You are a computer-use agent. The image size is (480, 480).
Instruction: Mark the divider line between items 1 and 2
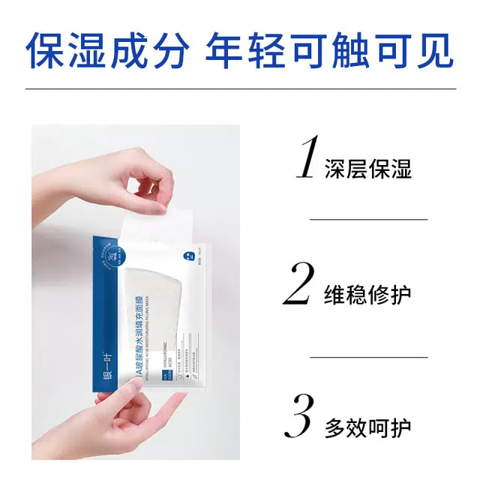coord(368,219)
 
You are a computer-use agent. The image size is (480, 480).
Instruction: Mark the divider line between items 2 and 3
coord(368,357)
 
